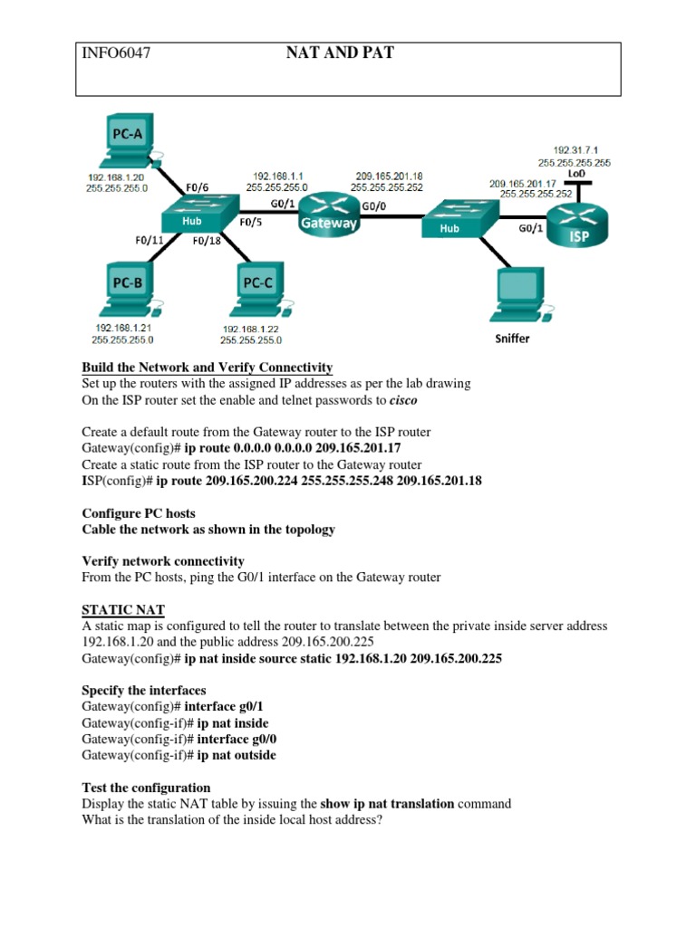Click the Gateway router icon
coord(329,215)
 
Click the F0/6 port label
coord(197,187)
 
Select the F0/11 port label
coord(149,241)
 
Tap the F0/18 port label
coord(207,242)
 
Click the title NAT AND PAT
coord(340,53)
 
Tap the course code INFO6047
coord(115,53)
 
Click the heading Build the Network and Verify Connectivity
coord(207,368)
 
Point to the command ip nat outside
coord(237,755)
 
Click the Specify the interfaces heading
coord(143,691)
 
